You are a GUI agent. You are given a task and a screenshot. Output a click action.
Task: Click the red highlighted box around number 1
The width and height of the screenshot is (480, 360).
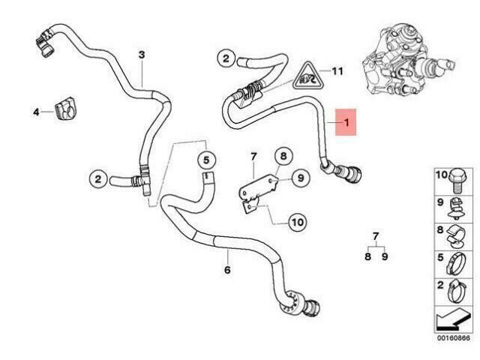tap(346, 122)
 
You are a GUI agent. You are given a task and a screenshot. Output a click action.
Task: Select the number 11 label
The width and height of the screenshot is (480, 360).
tap(337, 71)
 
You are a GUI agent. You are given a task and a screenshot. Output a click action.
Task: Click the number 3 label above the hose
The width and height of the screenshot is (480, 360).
tap(142, 55)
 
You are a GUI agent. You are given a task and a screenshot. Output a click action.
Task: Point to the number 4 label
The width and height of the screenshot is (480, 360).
tap(36, 112)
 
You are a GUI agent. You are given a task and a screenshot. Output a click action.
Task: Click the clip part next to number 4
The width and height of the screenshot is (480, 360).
tap(65, 109)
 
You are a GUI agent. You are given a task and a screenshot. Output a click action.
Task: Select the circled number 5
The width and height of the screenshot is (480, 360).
tap(206, 160)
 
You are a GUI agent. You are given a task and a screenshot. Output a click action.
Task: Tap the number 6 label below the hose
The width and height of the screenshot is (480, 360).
tap(227, 270)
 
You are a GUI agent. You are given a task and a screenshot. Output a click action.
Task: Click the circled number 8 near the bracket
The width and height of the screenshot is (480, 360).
tap(283, 156)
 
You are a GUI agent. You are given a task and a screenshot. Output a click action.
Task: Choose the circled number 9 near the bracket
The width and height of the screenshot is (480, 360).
tap(301, 178)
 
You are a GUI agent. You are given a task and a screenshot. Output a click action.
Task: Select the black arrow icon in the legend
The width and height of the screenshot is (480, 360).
tap(453, 320)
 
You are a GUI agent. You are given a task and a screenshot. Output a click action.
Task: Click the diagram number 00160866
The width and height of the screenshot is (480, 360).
tap(453, 338)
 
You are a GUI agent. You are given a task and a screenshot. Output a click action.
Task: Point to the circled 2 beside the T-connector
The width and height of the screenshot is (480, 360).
tap(98, 178)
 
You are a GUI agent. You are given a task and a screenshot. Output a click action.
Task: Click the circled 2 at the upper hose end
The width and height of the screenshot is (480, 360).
tap(226, 58)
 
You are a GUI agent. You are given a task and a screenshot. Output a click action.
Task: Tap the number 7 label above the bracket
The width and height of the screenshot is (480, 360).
tap(253, 157)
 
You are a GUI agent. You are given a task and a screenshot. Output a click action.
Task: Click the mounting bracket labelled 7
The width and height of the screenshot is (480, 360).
tap(258, 193)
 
